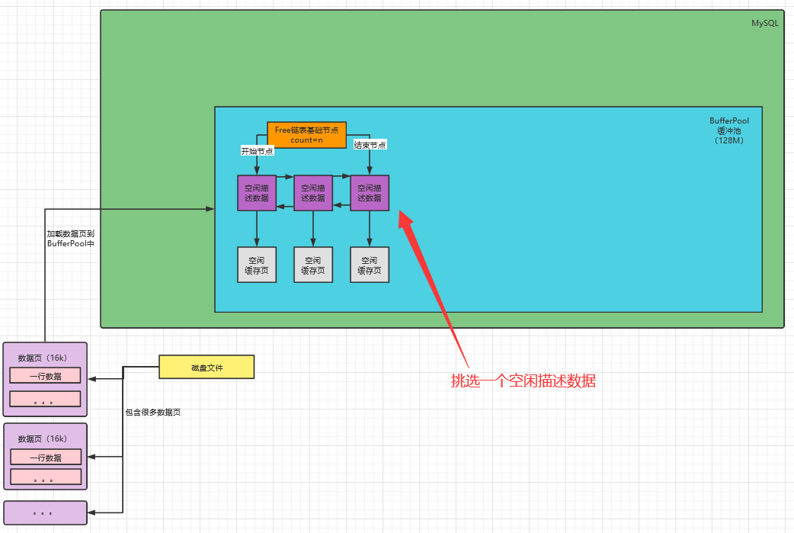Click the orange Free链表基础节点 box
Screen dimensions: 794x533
pos(307,135)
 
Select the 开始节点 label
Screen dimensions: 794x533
pos(258,151)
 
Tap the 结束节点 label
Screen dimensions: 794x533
pos(370,145)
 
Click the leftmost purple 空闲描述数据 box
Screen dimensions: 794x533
pos(257,193)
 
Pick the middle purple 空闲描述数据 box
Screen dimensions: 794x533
pos(313,193)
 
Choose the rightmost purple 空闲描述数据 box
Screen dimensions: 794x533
pos(370,193)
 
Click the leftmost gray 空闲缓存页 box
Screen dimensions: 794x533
pos(257,265)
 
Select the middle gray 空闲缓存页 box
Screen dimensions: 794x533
pos(313,265)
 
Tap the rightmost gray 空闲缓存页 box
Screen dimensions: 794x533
pos(370,265)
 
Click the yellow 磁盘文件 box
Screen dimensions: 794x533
pos(207,368)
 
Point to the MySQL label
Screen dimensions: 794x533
pos(764,23)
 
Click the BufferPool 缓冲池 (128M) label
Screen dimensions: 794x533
pos(729,130)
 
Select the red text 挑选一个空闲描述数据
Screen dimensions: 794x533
pos(523,380)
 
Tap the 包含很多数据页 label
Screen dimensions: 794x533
pos(153,413)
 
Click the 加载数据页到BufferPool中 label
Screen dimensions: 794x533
pos(70,239)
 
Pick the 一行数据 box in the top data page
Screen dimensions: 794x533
pos(45,376)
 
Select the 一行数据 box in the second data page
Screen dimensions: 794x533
pos(46,458)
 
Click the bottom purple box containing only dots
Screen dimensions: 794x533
pos(45,512)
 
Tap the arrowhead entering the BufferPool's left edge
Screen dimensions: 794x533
pos(210,209)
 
